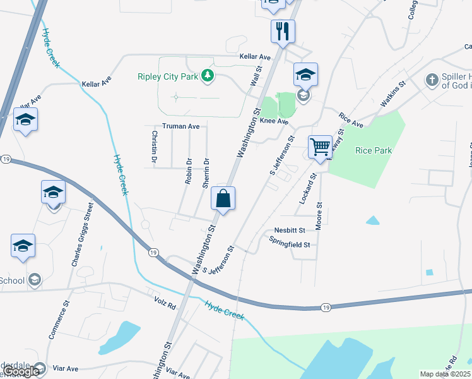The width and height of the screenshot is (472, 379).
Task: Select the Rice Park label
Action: coord(374,150)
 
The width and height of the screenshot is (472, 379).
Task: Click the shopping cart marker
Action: coord(321,148)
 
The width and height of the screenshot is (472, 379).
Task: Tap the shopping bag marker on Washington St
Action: coord(223,199)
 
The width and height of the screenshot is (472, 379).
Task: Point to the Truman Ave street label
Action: coord(180,126)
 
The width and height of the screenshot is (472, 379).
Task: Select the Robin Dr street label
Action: coord(188,170)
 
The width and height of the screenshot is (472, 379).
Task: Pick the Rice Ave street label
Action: coord(351,121)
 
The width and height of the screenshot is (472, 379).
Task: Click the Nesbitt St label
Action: coord(290,231)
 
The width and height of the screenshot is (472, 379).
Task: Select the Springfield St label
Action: coord(290,243)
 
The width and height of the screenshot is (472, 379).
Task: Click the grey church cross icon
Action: coord(432,80)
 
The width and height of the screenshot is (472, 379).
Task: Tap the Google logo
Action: coord(22,371)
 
